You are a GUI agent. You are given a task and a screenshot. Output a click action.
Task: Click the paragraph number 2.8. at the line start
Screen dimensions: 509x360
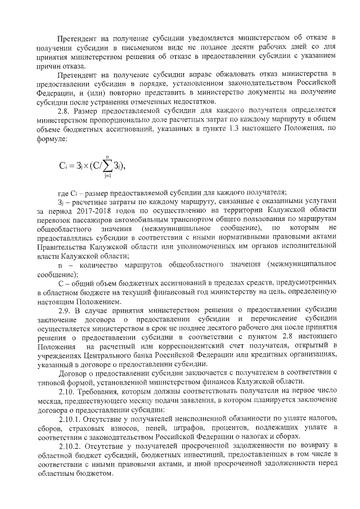pyautogui.click(x=65, y=111)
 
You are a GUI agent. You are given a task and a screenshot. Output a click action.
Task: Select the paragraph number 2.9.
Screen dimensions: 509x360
pyautogui.click(x=65, y=309)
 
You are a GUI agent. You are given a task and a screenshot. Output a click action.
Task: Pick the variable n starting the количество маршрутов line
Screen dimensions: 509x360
pyautogui.click(x=61, y=264)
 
